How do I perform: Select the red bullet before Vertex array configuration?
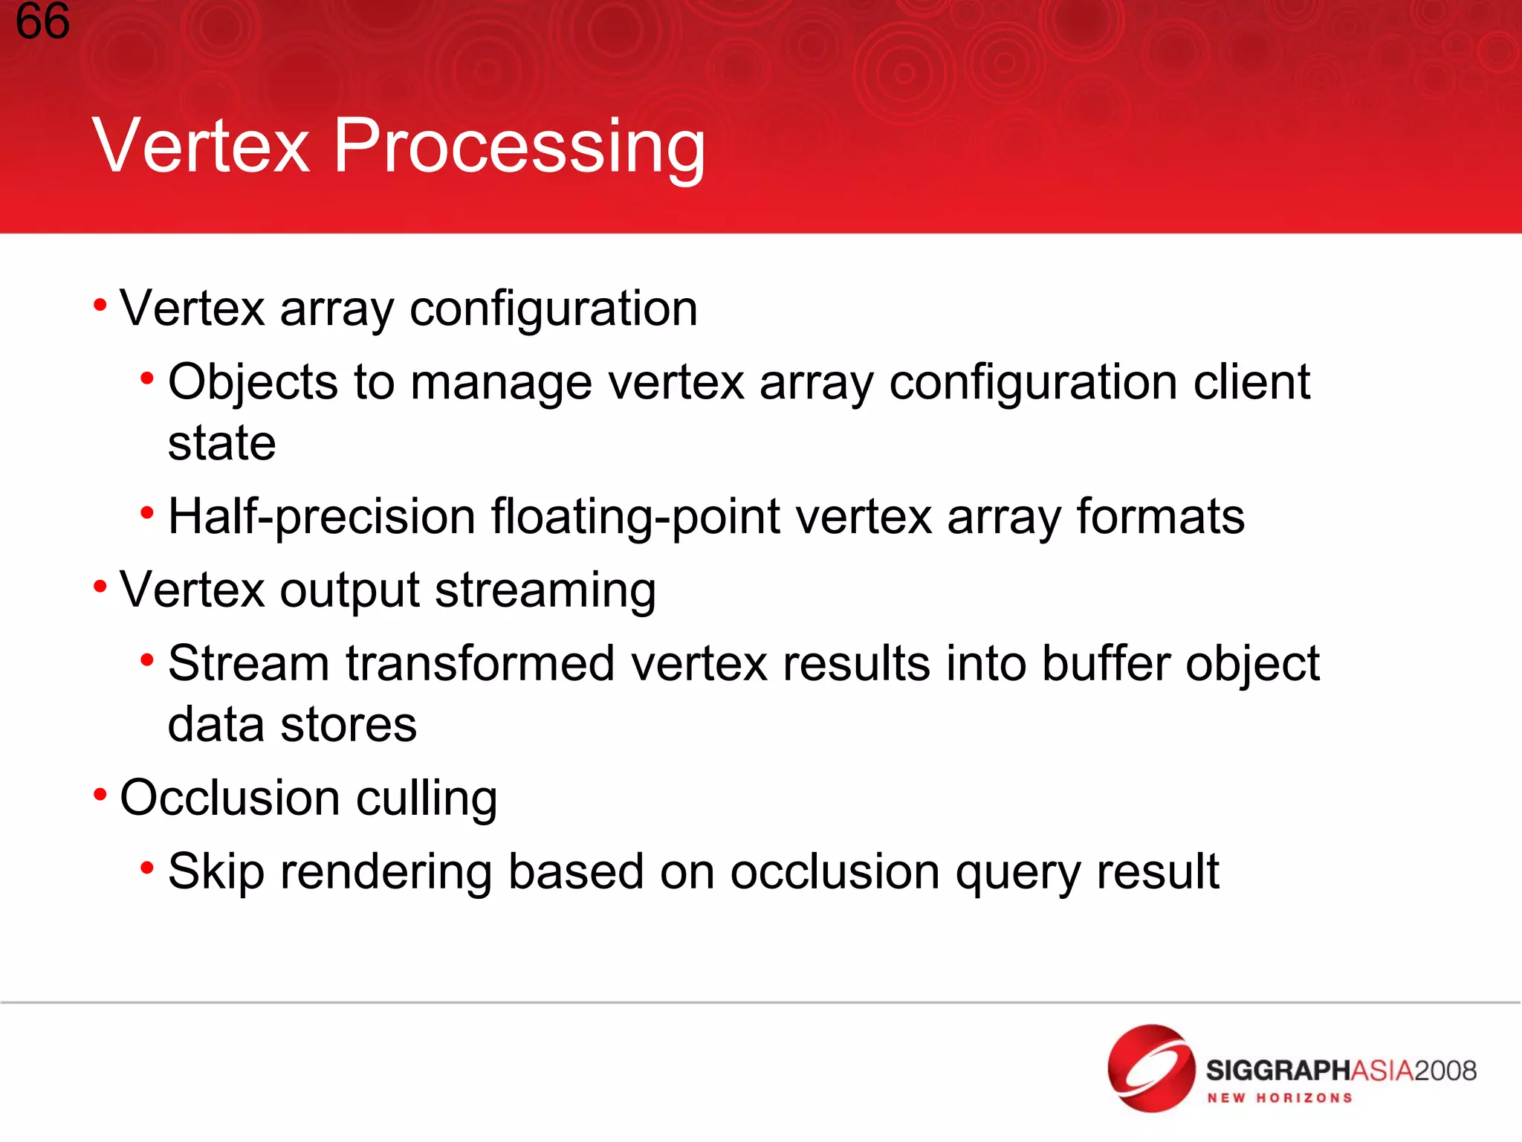coord(100,305)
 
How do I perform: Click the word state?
coord(221,443)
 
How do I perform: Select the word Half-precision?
coord(321,517)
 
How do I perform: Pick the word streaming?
coord(545,591)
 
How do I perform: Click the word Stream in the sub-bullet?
coord(248,663)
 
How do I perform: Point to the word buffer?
coord(1105,663)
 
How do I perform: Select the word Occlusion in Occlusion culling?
coord(230,798)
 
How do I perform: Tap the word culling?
coord(427,799)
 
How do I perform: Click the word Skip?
coord(216,872)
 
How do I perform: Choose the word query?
coord(1017,873)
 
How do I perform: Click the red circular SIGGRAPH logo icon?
coord(1150,1068)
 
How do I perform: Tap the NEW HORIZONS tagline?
coord(1280,1098)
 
